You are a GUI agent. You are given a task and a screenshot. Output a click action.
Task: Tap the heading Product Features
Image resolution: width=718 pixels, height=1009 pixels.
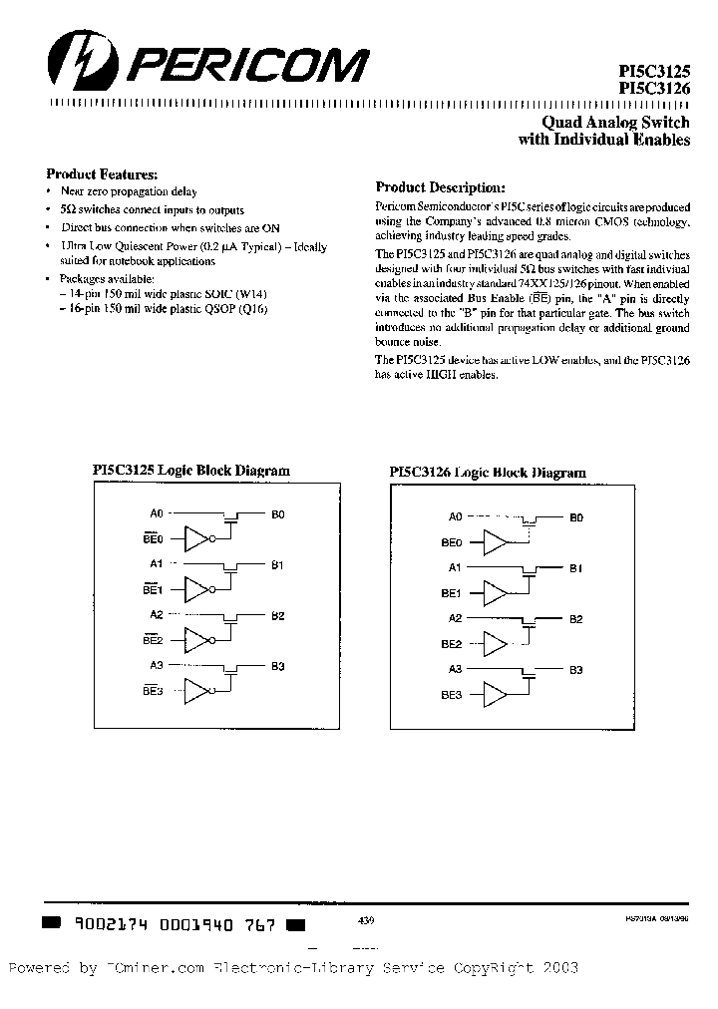coord(102,172)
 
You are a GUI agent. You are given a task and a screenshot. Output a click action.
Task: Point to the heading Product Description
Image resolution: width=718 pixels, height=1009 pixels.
coord(440,187)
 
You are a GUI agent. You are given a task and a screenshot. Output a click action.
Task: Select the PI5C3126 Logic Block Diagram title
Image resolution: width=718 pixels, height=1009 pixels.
coord(487,473)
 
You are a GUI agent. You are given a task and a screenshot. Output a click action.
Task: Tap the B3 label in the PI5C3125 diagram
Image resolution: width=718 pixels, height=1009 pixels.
coord(278,665)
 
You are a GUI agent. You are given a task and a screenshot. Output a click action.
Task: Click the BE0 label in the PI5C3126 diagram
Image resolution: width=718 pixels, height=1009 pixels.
coord(451,542)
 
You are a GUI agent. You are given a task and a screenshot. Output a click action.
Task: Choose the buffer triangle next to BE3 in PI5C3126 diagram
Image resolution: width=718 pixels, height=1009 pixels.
coord(496,694)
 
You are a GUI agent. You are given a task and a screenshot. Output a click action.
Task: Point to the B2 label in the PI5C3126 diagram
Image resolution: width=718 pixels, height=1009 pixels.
coord(576,619)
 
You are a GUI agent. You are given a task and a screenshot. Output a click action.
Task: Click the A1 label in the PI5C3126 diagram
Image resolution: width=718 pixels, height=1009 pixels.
coord(455,568)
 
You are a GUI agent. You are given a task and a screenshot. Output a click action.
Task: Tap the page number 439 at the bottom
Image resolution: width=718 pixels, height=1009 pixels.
coord(364,923)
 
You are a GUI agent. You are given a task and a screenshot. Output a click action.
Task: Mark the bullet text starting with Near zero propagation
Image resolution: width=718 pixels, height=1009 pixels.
coord(129,191)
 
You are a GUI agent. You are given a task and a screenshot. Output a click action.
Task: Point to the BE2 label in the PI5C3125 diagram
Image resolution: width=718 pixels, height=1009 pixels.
coord(153,640)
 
